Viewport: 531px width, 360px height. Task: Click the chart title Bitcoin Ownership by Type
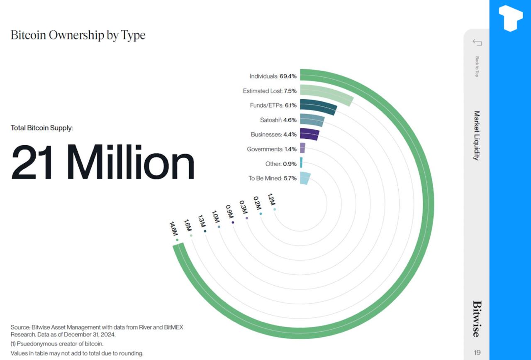78,35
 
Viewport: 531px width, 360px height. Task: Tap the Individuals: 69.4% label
273,76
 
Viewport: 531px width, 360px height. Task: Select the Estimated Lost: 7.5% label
270,91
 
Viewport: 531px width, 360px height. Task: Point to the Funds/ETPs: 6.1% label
273,105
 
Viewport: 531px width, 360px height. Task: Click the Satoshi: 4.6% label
278,120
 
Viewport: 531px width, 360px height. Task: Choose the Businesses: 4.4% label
273,135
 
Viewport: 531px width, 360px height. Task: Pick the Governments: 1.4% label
272,149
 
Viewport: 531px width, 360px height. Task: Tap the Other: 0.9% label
281,164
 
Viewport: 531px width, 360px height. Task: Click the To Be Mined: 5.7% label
273,178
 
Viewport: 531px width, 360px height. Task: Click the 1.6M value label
188,226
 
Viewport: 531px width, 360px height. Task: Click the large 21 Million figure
102,162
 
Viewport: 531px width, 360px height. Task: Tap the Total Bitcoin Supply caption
41,128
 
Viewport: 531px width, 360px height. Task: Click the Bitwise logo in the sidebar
477,319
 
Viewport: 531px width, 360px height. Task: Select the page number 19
477,353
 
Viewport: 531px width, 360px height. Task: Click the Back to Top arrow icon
477,42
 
